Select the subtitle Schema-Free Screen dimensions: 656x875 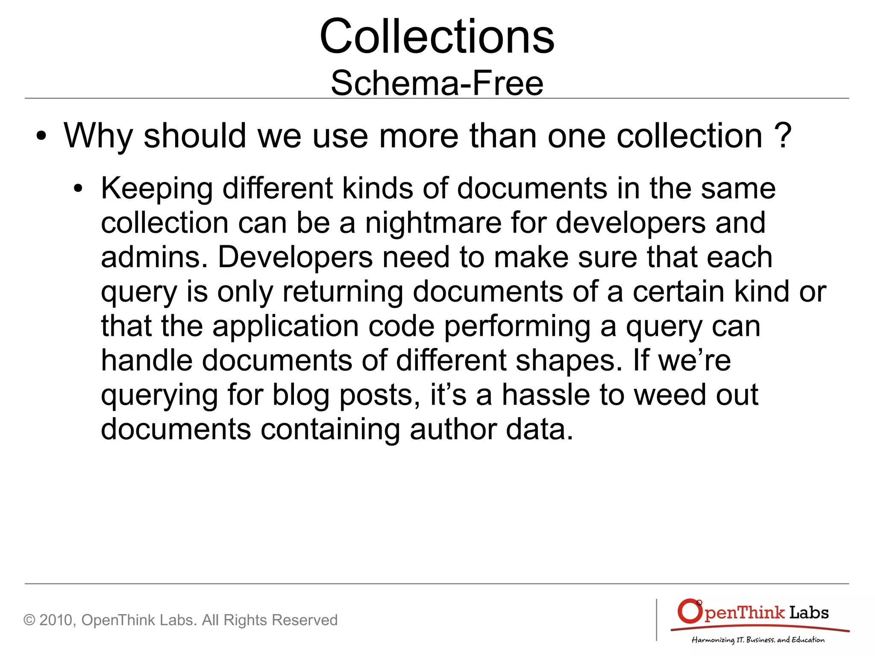click(x=437, y=83)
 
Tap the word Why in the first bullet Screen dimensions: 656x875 click(x=98, y=136)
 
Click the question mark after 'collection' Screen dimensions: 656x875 click(x=783, y=136)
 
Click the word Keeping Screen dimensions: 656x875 click(x=156, y=189)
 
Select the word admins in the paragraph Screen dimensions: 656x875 click(x=154, y=258)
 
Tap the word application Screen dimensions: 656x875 click(x=285, y=327)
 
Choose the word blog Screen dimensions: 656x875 click(x=301, y=395)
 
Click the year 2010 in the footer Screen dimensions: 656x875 click(x=56, y=620)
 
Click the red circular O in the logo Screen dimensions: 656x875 click(x=690, y=612)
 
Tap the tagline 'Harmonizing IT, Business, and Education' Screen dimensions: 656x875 click(x=758, y=640)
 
